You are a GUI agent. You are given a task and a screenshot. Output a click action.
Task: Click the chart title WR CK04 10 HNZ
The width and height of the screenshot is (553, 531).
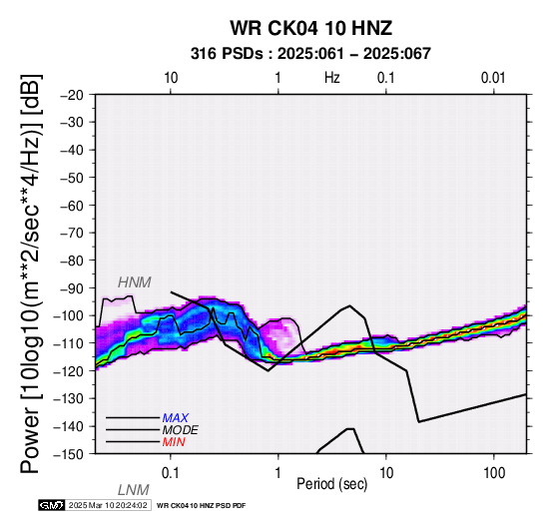(x=311, y=28)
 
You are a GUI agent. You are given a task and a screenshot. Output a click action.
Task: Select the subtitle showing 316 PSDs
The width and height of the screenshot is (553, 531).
(x=310, y=54)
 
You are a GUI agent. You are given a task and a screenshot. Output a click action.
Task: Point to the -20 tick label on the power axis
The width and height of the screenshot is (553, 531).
(x=72, y=95)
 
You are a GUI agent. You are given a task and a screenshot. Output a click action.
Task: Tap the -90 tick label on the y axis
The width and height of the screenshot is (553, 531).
(x=72, y=288)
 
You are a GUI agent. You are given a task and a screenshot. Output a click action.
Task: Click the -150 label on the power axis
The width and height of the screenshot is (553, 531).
(x=69, y=454)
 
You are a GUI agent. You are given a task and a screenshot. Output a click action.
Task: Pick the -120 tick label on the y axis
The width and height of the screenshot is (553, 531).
(x=69, y=371)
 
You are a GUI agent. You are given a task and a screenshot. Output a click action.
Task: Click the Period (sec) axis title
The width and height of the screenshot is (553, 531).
(x=331, y=484)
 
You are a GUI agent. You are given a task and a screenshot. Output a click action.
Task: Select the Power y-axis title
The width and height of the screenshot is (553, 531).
(x=31, y=273)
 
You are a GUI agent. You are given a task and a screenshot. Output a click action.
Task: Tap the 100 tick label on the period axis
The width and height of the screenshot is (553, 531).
(x=494, y=473)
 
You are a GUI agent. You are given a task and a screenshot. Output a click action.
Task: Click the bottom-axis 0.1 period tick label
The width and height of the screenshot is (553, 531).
(x=170, y=473)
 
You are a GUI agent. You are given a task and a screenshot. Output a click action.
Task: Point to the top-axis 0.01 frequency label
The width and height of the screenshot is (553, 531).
(x=493, y=78)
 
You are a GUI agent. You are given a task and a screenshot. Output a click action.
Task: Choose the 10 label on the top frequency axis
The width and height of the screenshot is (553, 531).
(x=171, y=78)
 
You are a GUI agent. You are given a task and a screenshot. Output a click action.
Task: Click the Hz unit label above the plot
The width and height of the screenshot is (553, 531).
(x=331, y=78)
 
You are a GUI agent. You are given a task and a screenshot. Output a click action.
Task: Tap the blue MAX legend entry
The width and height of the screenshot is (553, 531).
(x=176, y=418)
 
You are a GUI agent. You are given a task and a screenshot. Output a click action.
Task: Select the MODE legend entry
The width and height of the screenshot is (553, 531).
(x=181, y=430)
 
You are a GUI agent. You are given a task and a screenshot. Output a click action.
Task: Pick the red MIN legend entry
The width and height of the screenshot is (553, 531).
(x=174, y=442)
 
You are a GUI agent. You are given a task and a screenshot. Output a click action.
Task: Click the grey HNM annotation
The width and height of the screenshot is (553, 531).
(x=135, y=282)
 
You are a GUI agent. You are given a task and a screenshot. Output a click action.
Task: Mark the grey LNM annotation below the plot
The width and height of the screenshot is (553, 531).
(x=134, y=490)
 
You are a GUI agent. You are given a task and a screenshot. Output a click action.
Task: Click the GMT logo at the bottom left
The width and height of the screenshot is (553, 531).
(x=52, y=505)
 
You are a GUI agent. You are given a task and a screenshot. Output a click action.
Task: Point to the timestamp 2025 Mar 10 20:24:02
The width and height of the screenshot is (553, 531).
(x=108, y=505)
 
